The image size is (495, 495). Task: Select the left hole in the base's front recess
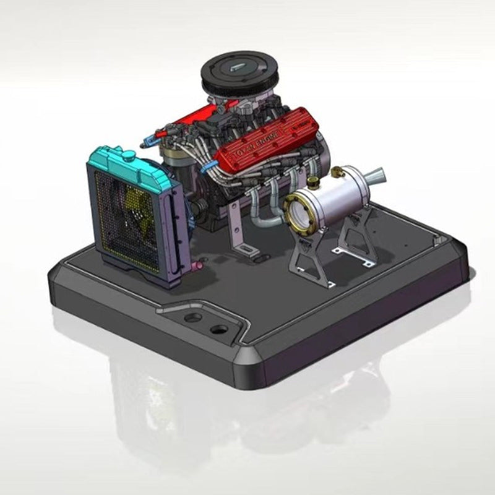click(193, 317)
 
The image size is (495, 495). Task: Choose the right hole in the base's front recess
click(218, 329)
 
